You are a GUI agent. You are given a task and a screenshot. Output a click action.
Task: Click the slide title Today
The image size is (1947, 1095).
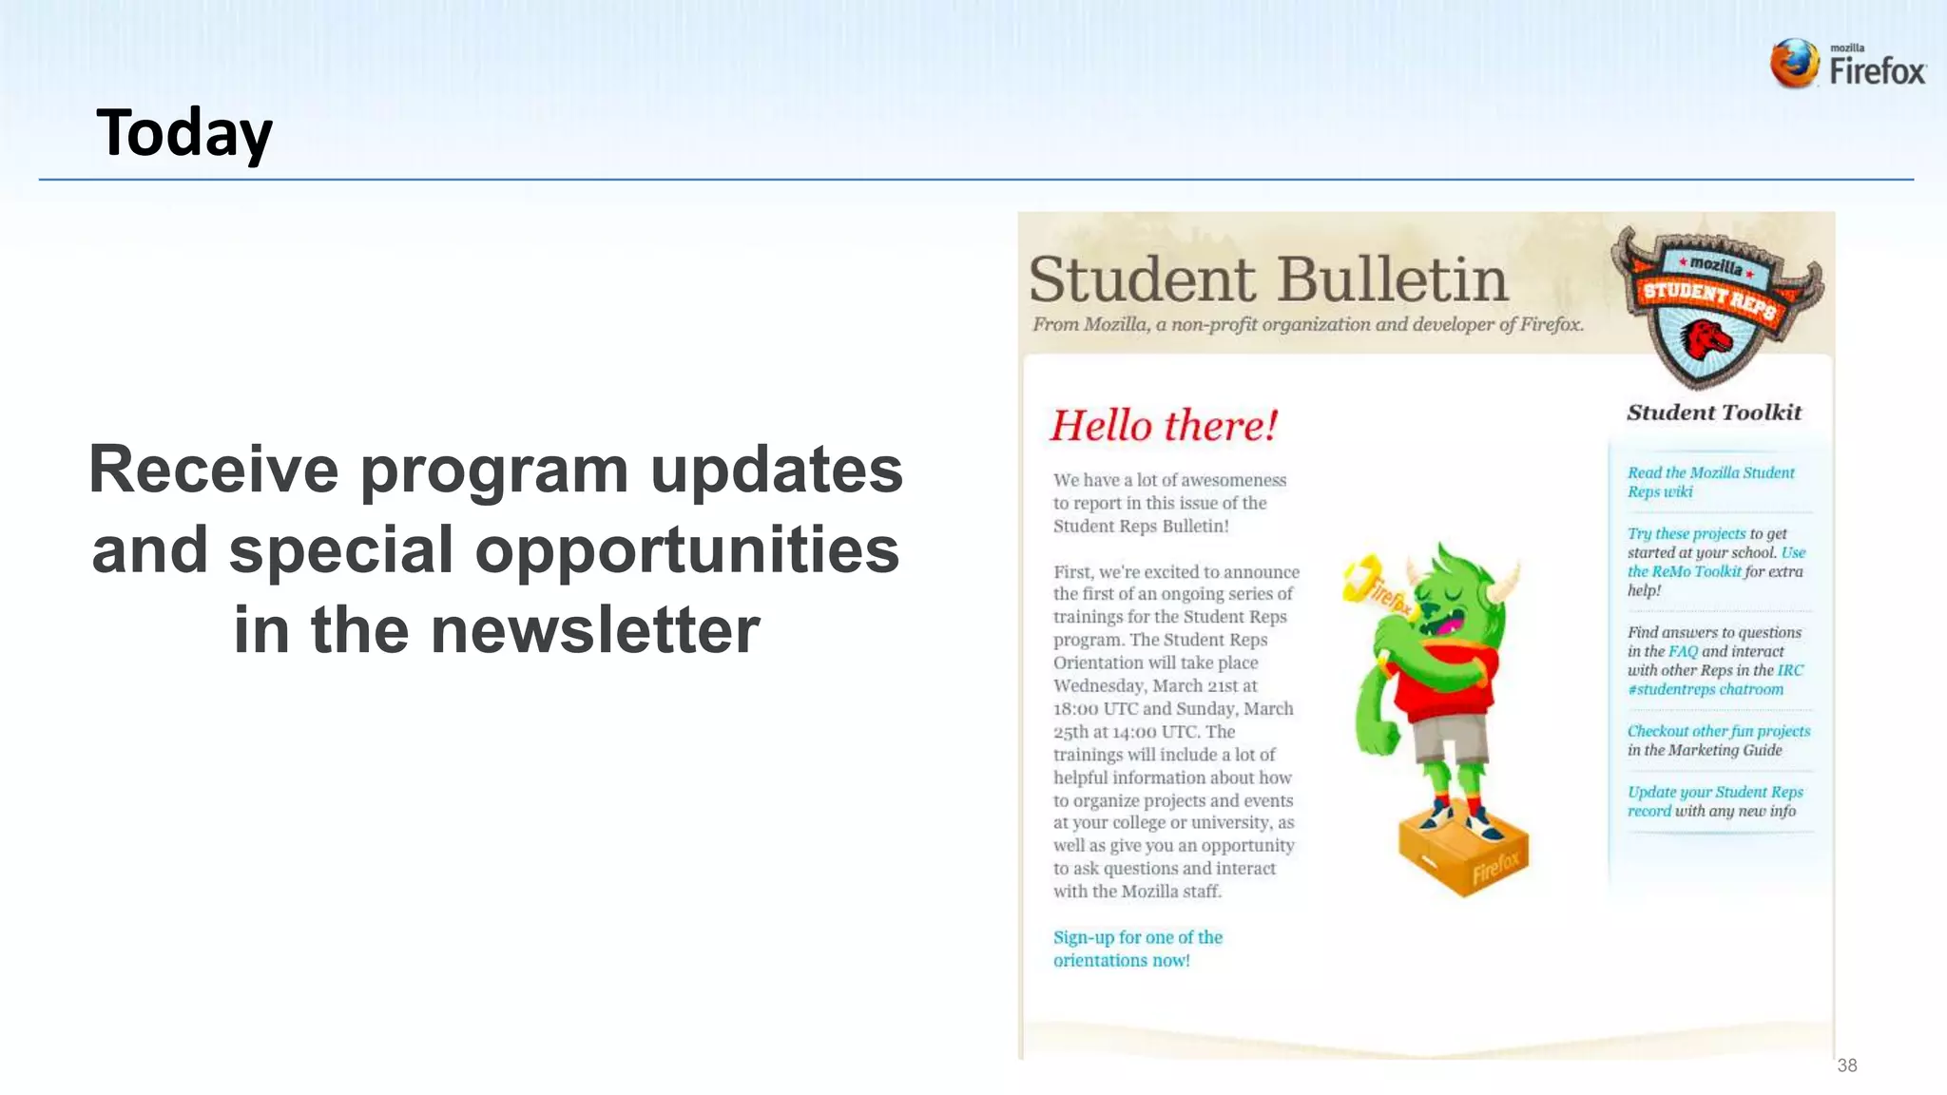[184, 132]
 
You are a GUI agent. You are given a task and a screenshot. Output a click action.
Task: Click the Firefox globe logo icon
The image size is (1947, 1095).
[1794, 64]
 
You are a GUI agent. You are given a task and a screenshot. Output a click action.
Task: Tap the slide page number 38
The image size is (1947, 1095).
[1846, 1066]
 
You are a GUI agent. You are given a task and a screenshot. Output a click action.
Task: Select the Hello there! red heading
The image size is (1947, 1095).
[1164, 425]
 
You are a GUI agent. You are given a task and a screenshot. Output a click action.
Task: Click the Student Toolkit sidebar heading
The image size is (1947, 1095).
[1713, 413]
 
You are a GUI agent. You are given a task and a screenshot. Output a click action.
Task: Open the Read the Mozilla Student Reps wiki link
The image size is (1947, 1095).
[1709, 482]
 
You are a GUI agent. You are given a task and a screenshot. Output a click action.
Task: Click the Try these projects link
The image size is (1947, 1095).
[1686, 533]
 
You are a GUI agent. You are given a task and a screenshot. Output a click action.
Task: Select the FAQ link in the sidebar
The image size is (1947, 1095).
[1683, 651]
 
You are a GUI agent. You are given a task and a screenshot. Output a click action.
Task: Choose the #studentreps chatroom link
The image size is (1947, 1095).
[1705, 689]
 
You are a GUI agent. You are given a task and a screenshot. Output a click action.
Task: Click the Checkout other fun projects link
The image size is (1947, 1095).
[1718, 731]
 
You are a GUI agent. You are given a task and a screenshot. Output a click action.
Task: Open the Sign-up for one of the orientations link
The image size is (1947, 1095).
[1137, 949]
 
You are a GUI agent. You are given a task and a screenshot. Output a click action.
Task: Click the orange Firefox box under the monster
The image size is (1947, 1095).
[1463, 852]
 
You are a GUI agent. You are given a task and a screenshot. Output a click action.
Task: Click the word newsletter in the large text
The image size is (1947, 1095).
[594, 630]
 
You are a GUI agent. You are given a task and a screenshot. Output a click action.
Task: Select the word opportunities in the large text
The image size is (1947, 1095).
[686, 550]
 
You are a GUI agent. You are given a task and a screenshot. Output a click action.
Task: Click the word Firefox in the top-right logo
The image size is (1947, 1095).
[1878, 71]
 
